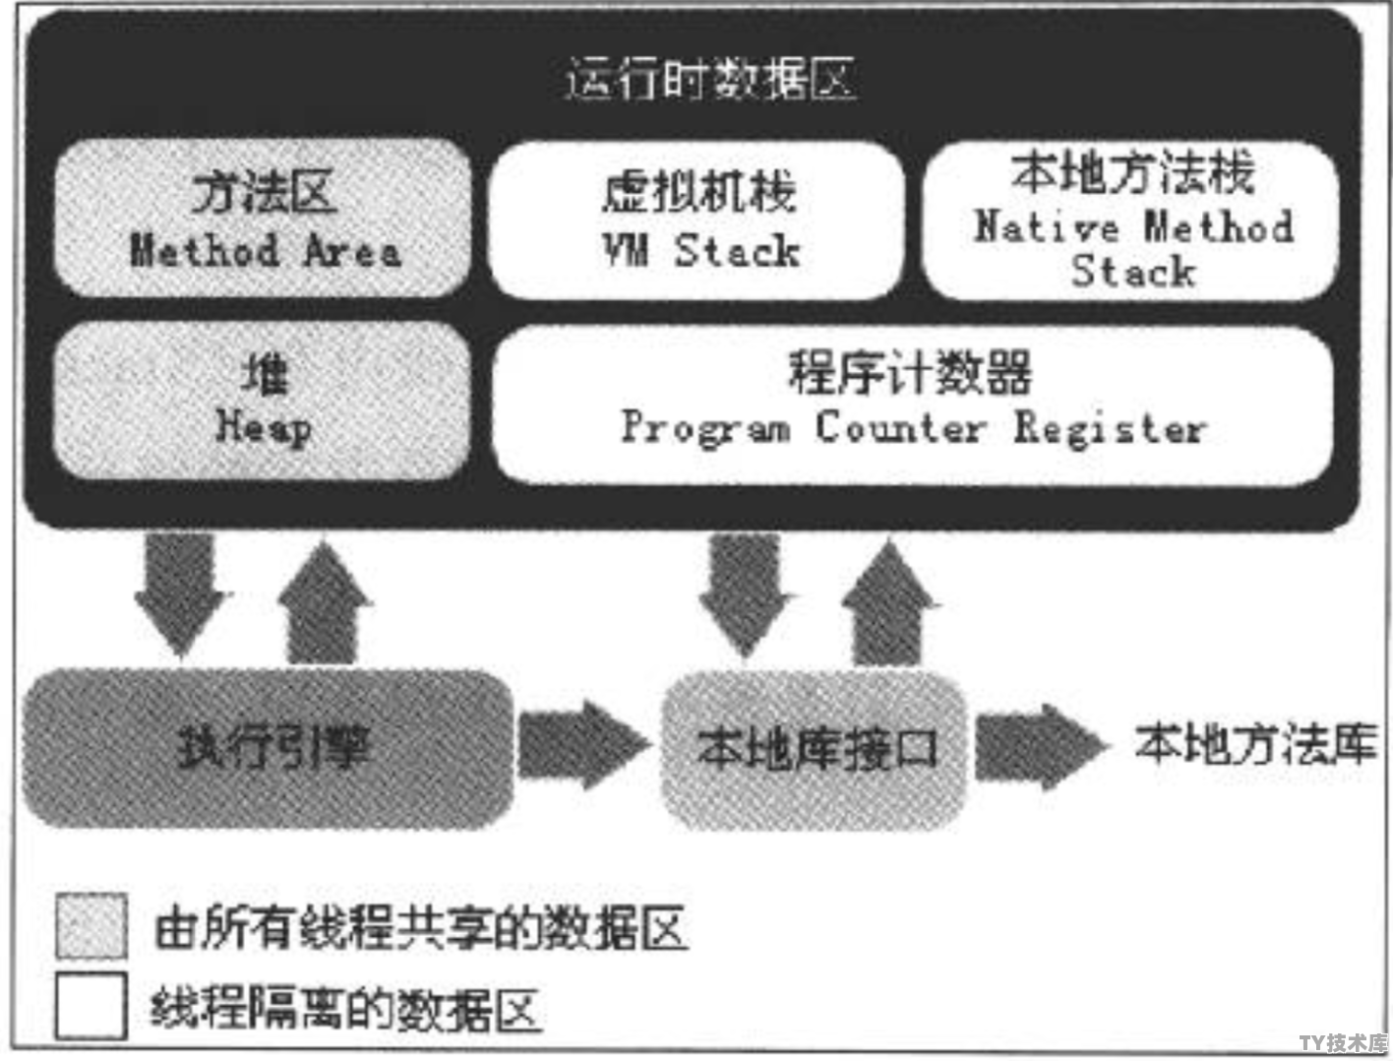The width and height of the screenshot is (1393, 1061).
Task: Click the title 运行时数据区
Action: (711, 80)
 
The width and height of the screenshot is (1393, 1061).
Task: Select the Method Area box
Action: (263, 218)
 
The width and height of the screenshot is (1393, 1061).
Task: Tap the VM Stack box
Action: (696, 219)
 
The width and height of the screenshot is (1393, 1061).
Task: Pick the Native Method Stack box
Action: (1131, 220)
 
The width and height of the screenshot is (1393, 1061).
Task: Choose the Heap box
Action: (262, 400)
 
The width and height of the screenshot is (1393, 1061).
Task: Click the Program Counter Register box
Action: (913, 405)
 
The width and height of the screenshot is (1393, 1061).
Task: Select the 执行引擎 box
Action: (268, 748)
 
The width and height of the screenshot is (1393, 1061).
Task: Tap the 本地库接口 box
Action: (815, 750)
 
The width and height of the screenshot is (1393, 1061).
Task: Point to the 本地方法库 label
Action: (1256, 743)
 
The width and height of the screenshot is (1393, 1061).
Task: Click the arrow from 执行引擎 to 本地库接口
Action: (583, 745)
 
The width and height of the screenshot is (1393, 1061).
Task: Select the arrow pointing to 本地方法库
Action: (1042, 747)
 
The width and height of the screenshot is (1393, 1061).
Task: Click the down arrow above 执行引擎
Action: (181, 594)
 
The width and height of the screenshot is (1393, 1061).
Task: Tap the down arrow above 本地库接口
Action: (745, 594)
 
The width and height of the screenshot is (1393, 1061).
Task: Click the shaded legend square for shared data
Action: (91, 926)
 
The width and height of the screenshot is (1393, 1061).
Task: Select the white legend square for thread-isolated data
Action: (91, 1006)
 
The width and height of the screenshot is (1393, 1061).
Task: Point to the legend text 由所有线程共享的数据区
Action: (421, 928)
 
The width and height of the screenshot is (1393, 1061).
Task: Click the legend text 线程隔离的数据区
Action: (346, 1008)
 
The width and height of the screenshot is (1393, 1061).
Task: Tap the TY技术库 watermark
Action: (1344, 1042)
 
